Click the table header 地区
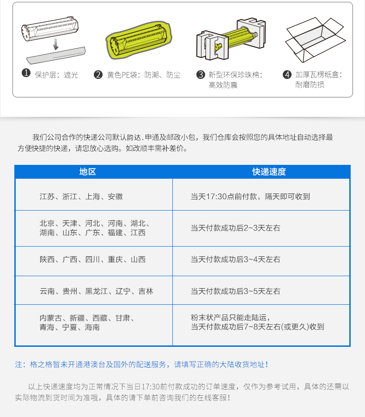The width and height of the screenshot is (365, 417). tap(87, 172)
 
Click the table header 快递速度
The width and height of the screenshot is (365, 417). tap(269, 172)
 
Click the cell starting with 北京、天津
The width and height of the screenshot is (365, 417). tap(94, 228)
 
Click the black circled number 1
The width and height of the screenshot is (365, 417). tap(26, 73)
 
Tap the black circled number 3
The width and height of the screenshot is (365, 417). tap(201, 74)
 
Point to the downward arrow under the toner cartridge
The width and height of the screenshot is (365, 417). tap(55, 44)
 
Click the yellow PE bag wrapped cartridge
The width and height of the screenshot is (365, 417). tap(139, 40)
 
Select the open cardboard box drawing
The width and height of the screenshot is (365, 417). tap(316, 40)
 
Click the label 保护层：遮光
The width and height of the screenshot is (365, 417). tap(56, 75)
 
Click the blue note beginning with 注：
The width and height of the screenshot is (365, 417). tap(141, 364)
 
